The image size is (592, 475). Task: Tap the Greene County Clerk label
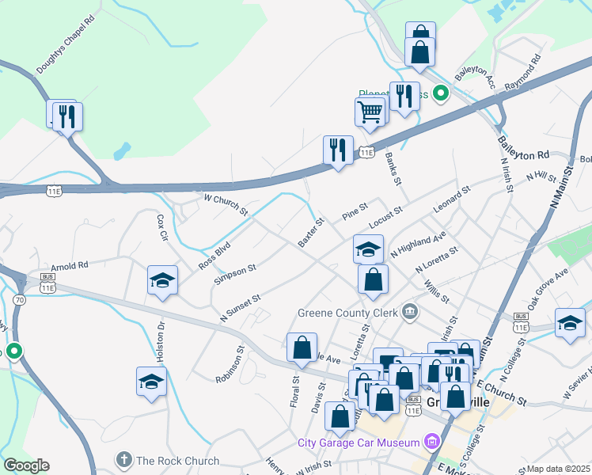[348, 311]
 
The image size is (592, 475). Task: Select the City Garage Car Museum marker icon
[431, 440]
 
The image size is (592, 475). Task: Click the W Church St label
[226, 205]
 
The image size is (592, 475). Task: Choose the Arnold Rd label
[69, 266]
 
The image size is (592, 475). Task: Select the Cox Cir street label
[162, 228]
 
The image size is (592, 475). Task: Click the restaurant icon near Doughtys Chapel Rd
[66, 116]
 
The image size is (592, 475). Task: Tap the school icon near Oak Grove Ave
[569, 322]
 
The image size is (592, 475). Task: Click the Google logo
[26, 465]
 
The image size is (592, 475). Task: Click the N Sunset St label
[241, 307]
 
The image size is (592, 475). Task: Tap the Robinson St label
[229, 365]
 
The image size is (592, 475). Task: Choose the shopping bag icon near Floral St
[302, 347]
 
